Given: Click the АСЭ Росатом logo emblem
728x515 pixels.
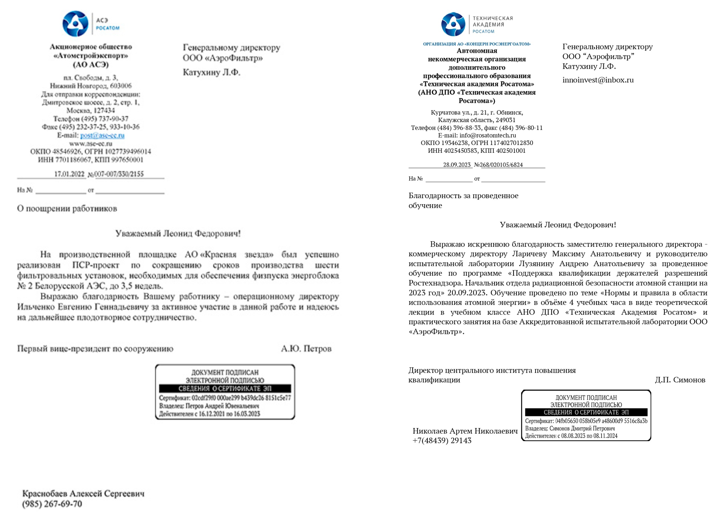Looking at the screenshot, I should (x=75, y=23).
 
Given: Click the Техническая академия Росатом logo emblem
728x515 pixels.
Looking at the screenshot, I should (x=453, y=24).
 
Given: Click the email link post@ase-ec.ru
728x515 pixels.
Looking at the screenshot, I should (x=102, y=135).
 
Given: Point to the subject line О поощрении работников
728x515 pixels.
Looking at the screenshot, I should (x=67, y=209).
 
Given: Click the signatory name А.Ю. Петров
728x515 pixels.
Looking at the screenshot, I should (x=306, y=349).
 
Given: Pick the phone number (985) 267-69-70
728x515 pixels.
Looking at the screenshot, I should (x=52, y=504).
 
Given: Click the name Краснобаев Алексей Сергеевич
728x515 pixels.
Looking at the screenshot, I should (x=83, y=494).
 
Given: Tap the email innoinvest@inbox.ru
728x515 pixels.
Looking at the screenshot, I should (x=598, y=80).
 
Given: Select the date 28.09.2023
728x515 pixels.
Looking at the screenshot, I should (x=457, y=165).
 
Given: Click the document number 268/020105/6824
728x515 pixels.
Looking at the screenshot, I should (x=501, y=165).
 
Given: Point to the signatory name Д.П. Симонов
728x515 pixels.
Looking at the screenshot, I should (x=680, y=380).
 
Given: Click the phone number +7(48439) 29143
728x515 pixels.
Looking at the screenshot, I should (x=442, y=441).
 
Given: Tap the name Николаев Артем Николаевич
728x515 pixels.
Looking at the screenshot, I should (x=465, y=431).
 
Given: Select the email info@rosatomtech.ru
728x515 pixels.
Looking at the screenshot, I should (x=488, y=135).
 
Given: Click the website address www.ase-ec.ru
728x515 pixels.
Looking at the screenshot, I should (x=91, y=144).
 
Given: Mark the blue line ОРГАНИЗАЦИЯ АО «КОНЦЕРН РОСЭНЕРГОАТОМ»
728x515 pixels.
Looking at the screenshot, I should (x=477, y=44).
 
